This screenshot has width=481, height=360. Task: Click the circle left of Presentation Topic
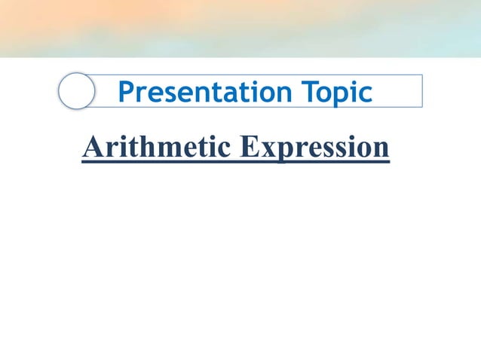(x=76, y=92)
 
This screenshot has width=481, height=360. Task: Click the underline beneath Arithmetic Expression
(x=235, y=161)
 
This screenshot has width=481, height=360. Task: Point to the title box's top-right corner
(x=421, y=75)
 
